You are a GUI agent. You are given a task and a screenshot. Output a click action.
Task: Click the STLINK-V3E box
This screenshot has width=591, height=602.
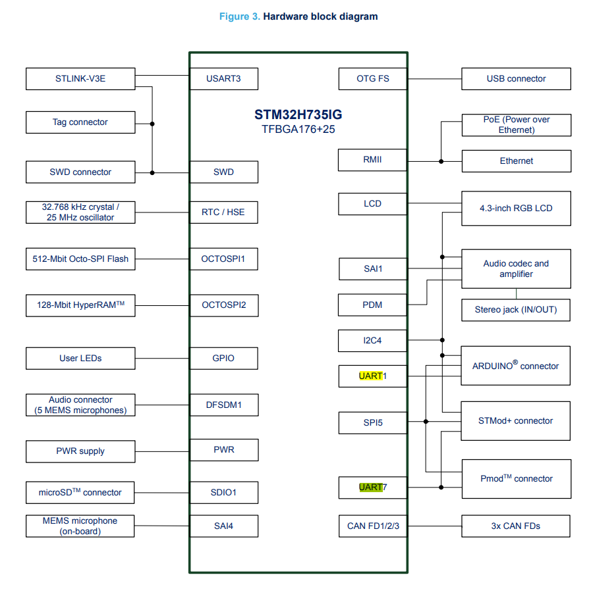click(x=80, y=79)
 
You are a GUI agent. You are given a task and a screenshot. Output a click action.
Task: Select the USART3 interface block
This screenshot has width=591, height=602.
click(x=223, y=79)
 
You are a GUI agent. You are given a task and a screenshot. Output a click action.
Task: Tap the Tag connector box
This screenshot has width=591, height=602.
click(x=80, y=122)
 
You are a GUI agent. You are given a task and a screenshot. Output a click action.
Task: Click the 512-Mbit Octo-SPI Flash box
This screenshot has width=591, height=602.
click(x=80, y=259)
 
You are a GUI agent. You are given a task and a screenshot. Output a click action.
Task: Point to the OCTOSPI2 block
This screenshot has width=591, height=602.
click(x=223, y=305)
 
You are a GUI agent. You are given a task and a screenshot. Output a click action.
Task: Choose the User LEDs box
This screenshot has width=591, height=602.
click(x=80, y=359)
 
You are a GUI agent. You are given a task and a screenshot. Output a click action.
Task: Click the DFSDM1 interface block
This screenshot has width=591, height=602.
click(x=223, y=405)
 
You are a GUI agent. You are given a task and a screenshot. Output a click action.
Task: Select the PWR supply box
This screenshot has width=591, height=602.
click(x=80, y=451)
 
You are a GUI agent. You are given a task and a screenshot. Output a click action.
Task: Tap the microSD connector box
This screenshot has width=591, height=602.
click(x=80, y=492)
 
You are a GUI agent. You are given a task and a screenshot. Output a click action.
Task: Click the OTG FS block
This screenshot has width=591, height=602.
click(x=373, y=79)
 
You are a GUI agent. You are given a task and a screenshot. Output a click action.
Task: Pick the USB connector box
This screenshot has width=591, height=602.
click(x=516, y=79)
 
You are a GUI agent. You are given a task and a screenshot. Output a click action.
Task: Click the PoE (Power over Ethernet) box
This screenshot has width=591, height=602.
click(x=516, y=125)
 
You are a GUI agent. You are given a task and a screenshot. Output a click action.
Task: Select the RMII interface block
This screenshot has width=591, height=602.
click(x=372, y=160)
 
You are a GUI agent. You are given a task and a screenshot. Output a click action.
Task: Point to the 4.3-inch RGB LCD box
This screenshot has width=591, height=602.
click(x=516, y=209)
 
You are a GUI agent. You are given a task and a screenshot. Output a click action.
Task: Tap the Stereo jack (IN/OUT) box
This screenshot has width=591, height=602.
click(x=516, y=310)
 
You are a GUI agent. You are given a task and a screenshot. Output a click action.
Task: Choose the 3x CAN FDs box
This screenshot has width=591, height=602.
click(x=516, y=526)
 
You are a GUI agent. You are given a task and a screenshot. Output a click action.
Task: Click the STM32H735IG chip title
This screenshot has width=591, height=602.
click(x=298, y=114)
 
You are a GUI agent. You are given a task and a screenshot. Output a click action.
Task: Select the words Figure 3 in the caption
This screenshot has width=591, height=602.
click(x=239, y=16)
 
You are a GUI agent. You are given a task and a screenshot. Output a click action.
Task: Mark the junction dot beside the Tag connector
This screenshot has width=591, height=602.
click(x=152, y=123)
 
